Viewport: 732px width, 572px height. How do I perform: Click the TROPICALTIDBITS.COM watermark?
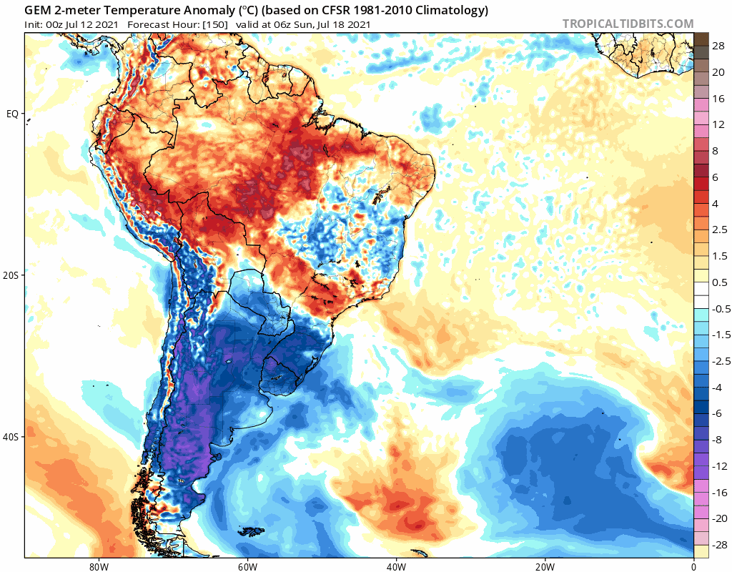tap(628, 24)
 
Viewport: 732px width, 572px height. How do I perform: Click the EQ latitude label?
tap(12, 114)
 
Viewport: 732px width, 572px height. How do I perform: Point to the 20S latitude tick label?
tap(11, 275)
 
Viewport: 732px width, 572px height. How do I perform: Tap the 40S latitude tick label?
tap(11, 437)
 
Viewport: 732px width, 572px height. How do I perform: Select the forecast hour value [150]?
tap(215, 25)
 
